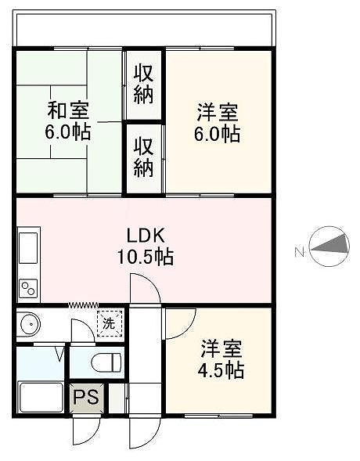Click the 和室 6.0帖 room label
coord(68,121)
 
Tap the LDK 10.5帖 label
coord(146,246)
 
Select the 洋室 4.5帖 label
coord(221,359)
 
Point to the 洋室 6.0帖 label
coord(218,123)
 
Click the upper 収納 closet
coord(144,85)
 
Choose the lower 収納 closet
coord(144,159)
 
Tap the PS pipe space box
coord(86,398)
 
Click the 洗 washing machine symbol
coord(109,324)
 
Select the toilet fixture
coord(106,362)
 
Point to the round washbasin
coord(31,323)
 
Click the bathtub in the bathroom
coord(41,397)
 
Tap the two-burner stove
coord(28,288)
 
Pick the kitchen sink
coord(28,248)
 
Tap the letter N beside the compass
coord(299,252)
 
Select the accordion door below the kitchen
coord(84,304)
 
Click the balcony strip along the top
coord(144,29)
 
